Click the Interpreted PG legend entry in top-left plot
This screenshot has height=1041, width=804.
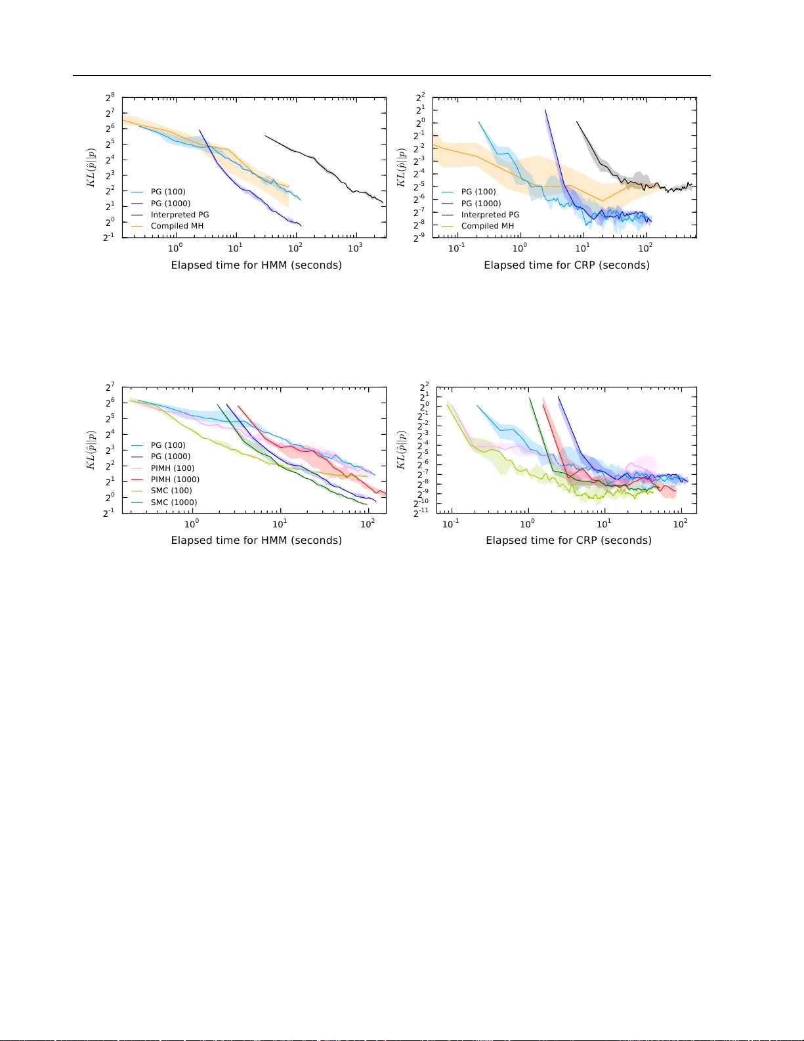(x=179, y=215)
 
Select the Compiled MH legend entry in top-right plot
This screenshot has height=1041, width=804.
(x=487, y=226)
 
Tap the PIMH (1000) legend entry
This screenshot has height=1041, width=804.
(x=175, y=479)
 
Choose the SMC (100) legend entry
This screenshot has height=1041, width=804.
(x=171, y=491)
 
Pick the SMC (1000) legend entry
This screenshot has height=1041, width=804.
(x=173, y=502)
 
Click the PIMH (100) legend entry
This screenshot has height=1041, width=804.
(x=172, y=468)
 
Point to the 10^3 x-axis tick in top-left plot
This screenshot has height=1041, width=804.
(x=354, y=248)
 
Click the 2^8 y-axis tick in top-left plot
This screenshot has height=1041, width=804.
(x=110, y=98)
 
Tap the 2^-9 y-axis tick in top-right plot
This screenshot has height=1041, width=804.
(x=419, y=237)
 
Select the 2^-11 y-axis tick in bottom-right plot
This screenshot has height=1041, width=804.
(x=421, y=512)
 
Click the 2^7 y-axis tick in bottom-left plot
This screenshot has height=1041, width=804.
(x=110, y=388)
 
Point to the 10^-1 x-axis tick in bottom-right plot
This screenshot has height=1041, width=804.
(x=450, y=523)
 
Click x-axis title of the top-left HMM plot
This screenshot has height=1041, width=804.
(x=256, y=265)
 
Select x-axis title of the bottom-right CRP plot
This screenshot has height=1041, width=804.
(x=568, y=541)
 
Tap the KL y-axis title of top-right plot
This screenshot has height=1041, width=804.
(x=401, y=167)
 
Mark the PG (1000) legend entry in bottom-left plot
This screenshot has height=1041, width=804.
(x=170, y=456)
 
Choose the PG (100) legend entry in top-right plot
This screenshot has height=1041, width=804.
(x=478, y=192)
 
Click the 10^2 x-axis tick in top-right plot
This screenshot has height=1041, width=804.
(x=645, y=248)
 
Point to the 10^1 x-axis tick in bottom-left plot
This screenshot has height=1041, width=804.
(x=280, y=523)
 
